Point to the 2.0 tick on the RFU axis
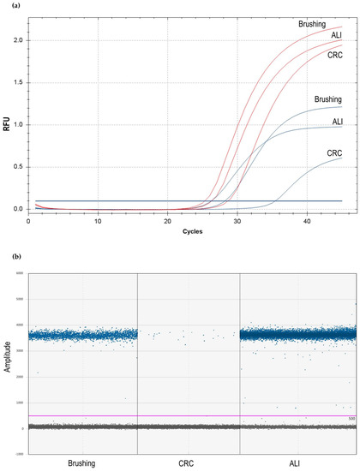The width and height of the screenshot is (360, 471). click(19, 40)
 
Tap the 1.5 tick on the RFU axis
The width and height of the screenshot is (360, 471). click(19, 82)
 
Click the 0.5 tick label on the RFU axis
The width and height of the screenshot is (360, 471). click(19, 167)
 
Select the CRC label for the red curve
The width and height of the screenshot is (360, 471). click(335, 55)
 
